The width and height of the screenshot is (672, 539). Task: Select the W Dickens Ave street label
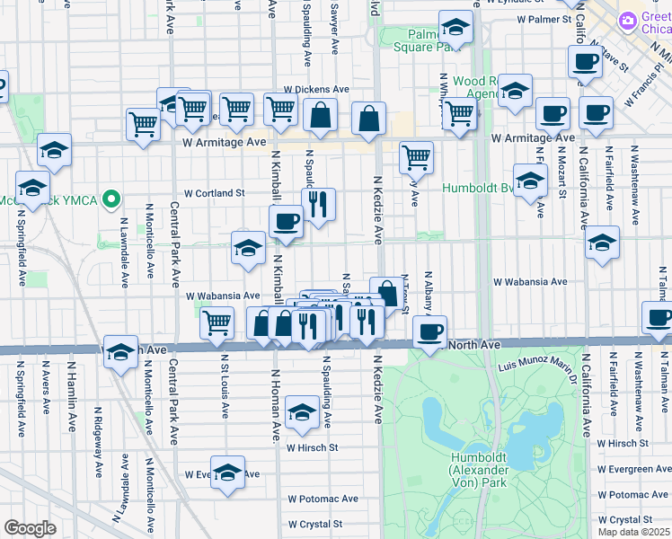316,90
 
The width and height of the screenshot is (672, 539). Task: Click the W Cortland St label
215,193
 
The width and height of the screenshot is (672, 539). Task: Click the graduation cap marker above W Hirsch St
301,413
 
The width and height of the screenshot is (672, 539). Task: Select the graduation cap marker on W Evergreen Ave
228,473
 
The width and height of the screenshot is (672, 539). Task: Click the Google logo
30,528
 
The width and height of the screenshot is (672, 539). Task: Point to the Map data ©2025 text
632,532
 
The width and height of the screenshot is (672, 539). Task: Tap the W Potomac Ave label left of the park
323,499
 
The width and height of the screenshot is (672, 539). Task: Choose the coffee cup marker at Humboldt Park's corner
430,331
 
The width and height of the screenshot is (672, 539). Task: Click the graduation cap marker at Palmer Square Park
456,30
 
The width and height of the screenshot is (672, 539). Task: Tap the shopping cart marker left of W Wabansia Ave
216,322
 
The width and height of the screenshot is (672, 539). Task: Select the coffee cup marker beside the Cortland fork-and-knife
287,221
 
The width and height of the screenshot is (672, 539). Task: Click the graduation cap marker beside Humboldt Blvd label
530,180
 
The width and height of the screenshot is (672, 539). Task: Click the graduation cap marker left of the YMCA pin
32,190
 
